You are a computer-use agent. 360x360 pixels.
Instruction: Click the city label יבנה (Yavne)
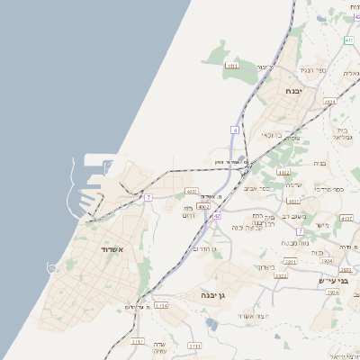(294, 92)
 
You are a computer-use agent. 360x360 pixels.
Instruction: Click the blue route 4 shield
(235, 130)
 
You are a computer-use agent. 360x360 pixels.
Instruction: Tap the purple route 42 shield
(217, 216)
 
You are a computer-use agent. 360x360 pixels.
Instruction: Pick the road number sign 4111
(232, 66)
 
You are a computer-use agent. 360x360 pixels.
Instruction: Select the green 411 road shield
(348, 40)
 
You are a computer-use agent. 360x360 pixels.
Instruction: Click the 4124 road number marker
(330, 102)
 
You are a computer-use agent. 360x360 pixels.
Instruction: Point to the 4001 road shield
(192, 191)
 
